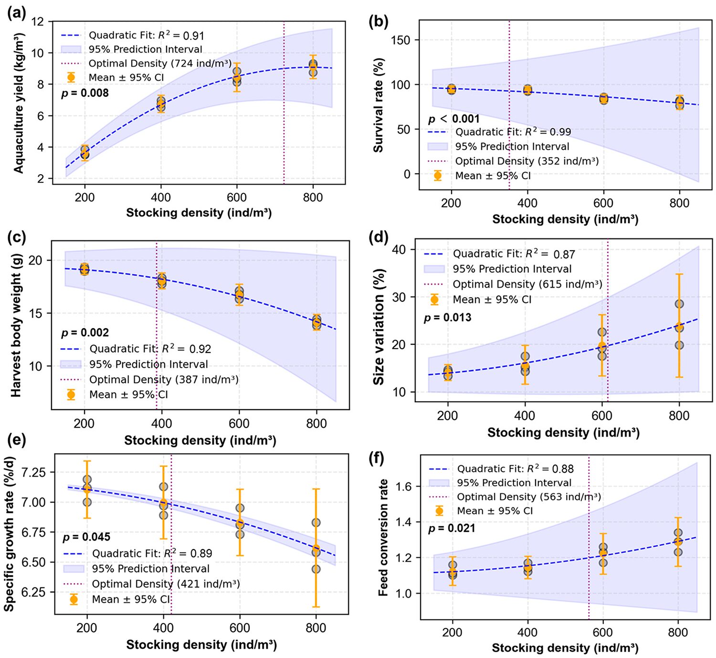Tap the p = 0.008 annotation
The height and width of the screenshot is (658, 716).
[85, 93]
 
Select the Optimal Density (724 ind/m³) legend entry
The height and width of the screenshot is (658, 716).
[160, 64]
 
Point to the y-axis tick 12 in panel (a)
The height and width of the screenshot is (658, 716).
[38, 22]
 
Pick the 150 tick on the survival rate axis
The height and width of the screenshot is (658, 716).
[400, 40]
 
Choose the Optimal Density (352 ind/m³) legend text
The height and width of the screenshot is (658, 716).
[526, 161]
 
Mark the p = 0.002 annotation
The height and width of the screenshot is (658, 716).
[85, 332]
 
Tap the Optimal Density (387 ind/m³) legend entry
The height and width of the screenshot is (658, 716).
[164, 380]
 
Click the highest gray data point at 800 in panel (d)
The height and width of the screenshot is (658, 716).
[679, 304]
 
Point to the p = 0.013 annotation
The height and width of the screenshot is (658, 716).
[447, 318]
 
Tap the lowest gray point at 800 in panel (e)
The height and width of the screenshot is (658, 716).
[316, 569]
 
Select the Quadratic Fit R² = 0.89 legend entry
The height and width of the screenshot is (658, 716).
[152, 553]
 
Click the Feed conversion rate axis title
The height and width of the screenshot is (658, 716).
[383, 538]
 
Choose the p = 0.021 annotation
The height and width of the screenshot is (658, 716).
[452, 528]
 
